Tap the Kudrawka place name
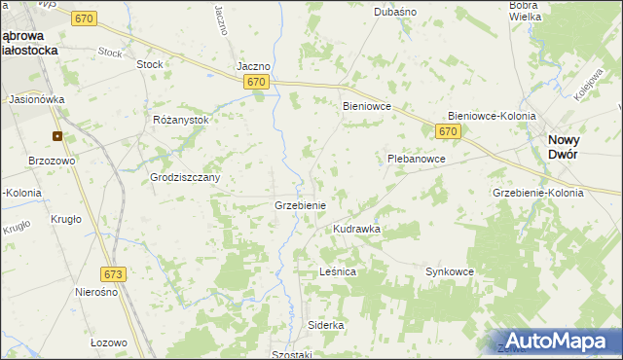pyautogui.click(x=356, y=229)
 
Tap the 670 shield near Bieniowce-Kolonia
pyautogui.click(x=447, y=130)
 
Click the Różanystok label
pyautogui.click(x=181, y=120)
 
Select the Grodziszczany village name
pyautogui.click(x=185, y=178)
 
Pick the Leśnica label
pyautogui.click(x=338, y=272)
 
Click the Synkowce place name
pyautogui.click(x=449, y=272)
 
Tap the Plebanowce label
pyautogui.click(x=417, y=158)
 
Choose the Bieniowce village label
pyautogui.click(x=366, y=106)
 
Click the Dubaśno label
pyautogui.click(x=396, y=12)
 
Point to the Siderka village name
pyautogui.click(x=326, y=324)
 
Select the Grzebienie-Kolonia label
pyautogui.click(x=538, y=193)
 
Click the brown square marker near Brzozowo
pyautogui.click(x=57, y=136)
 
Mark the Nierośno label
pyautogui.click(x=96, y=292)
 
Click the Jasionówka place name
pyautogui.click(x=36, y=99)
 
